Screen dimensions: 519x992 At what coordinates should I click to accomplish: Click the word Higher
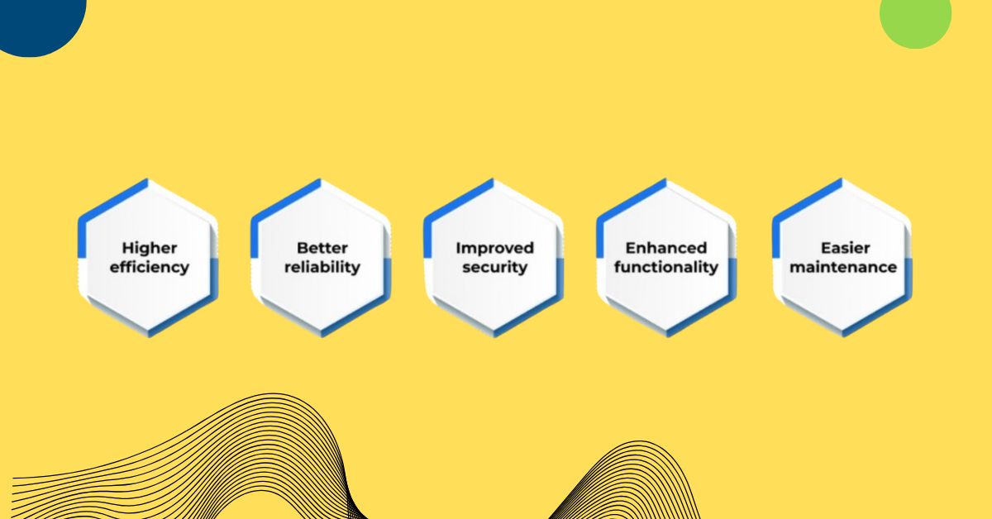149,248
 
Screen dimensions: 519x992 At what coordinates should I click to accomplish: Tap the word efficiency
149,268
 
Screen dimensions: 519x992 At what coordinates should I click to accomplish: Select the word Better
322,248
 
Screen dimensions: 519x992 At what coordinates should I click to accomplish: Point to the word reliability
322,268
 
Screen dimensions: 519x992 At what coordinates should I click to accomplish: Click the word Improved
495,248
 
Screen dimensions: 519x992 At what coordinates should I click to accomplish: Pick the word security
495,268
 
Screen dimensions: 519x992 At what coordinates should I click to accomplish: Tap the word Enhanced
666,248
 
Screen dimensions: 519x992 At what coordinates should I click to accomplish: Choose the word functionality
666,268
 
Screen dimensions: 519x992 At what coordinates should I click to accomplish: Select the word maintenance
843,268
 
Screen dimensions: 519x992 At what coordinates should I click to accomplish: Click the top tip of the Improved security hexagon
494,179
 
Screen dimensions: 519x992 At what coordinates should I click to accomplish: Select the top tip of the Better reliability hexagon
322,179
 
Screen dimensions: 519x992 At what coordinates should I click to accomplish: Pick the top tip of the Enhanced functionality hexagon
666,179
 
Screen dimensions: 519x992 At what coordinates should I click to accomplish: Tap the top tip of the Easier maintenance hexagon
842,179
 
